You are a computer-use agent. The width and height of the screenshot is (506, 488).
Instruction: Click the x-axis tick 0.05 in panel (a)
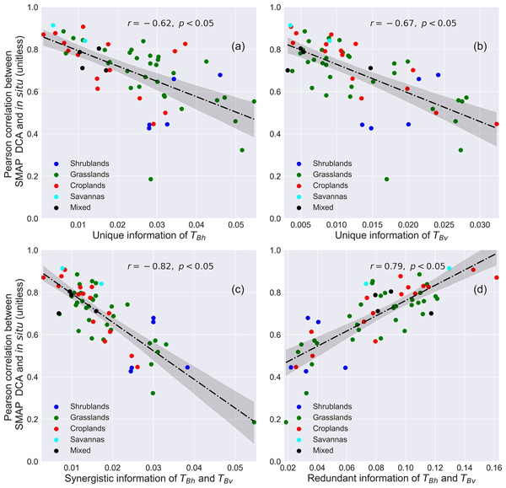click(x=234, y=226)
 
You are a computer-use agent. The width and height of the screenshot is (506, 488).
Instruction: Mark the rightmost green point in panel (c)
click(x=254, y=421)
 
